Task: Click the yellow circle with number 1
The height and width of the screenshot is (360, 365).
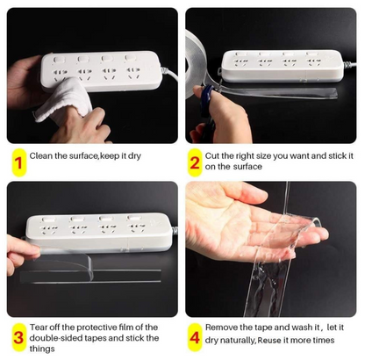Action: tap(18, 161)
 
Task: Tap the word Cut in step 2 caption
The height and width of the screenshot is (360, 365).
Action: tap(216, 155)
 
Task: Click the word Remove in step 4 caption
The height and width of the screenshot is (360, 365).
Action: tap(225, 327)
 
